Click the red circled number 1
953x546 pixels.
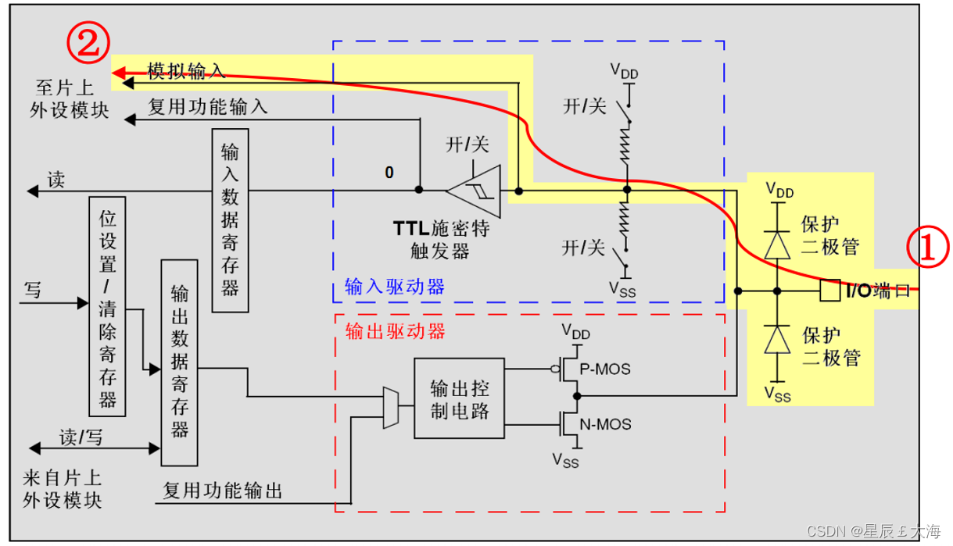click(927, 249)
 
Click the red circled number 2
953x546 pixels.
click(86, 43)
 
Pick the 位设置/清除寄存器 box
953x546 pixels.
click(108, 302)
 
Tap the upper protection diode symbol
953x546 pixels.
click(776, 244)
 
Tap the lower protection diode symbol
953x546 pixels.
click(776, 340)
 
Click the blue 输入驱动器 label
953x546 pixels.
click(395, 287)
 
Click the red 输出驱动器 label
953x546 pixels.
click(395, 330)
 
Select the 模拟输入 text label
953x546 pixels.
click(187, 72)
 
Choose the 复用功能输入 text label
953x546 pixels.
click(208, 108)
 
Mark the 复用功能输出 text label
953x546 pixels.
click(223, 491)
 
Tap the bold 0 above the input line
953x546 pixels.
click(389, 172)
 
